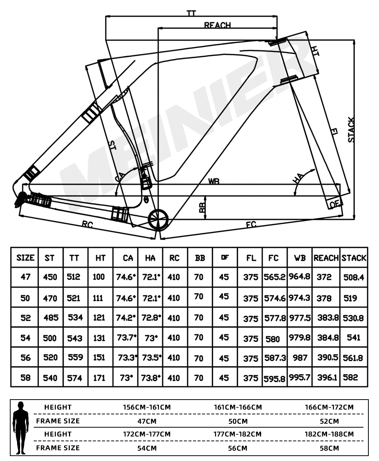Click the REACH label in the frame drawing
(217, 25)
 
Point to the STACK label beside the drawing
(351, 130)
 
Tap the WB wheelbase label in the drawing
(214, 182)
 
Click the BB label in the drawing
(202, 207)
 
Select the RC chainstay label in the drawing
(87, 224)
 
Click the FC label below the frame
(251, 224)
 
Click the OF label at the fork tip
(334, 204)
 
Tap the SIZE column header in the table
(25, 258)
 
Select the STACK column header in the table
(354, 258)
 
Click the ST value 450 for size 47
(50, 277)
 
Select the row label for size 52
(25, 318)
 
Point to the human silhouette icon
(22, 427)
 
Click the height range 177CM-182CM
(237, 434)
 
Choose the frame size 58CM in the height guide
(329, 448)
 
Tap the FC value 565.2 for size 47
(274, 277)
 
